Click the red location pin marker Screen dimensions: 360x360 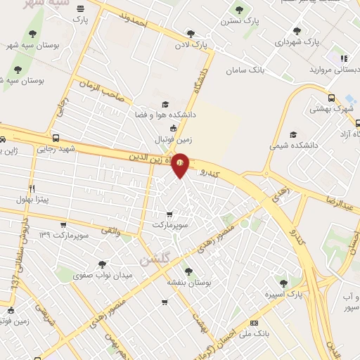click(181, 164)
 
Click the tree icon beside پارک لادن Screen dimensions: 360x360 click(191, 33)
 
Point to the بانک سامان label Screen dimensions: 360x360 click(245, 71)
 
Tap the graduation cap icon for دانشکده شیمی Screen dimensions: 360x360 click(293, 134)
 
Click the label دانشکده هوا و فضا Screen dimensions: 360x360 click(166, 113)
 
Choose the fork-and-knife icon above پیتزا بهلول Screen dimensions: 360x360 click(32, 188)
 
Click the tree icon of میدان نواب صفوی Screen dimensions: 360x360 click(102, 264)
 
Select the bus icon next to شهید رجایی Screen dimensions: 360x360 click(56, 138)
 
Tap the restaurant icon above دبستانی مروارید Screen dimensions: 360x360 click(343, 59)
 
